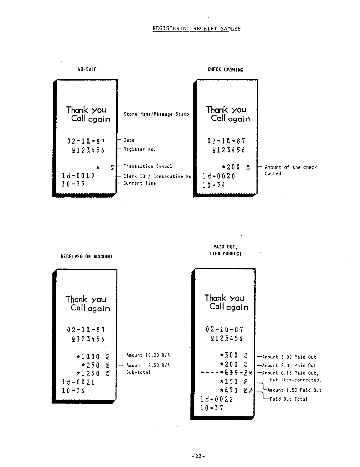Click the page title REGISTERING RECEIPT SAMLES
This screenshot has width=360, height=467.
pos(196,29)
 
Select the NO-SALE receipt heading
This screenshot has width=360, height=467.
pos(87,69)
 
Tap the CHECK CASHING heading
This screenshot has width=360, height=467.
pos(225,70)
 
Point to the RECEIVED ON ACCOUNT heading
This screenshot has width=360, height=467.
pos(87,257)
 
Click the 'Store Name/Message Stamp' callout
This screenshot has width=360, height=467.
pos(156,114)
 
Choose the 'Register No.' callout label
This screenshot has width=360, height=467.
pos(140,149)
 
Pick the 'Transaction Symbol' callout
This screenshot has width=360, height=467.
pos(148,166)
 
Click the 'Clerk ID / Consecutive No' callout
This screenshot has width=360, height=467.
pos(157,177)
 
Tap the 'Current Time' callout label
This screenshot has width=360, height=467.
pos(140,183)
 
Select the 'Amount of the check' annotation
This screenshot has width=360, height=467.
pos(291,168)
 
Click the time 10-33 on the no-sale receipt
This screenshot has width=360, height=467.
pos(73,184)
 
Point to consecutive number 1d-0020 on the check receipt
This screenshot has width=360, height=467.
pos(219,176)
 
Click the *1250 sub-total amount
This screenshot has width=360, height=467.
pos(88,374)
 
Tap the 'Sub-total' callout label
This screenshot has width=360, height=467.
pos(138,372)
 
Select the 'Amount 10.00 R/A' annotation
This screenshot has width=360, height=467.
pos(148,355)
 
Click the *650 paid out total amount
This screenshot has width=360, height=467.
pos(229,390)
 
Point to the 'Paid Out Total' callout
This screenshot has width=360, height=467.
pos(289,399)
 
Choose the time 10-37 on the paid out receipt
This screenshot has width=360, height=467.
pos(212,408)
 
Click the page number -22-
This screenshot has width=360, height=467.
pos(198,456)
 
